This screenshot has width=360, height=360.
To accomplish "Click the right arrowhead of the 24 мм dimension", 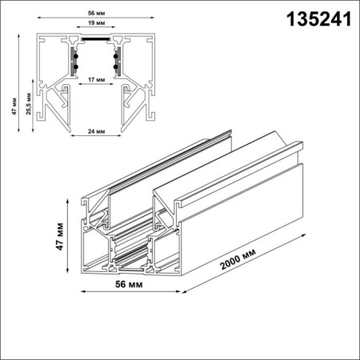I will [121, 136].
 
